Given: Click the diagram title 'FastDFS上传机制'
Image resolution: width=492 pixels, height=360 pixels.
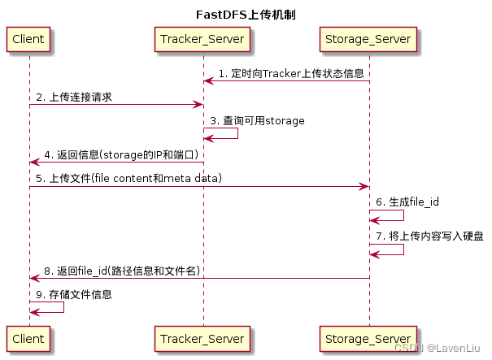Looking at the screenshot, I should [245, 13].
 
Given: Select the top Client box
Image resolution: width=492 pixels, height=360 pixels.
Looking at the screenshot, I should [28, 38].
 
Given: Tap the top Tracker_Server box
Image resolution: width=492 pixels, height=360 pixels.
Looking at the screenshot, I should [203, 38].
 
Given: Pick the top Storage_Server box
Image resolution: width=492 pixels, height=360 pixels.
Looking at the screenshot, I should [369, 38].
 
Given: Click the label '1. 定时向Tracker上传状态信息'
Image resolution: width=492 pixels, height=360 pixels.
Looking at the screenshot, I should [290, 73].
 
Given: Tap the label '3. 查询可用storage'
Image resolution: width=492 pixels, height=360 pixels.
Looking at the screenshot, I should [259, 120].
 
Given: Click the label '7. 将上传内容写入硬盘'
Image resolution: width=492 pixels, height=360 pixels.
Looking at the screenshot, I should [431, 236].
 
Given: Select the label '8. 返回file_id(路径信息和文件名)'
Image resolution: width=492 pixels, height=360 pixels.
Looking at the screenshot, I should [121, 271].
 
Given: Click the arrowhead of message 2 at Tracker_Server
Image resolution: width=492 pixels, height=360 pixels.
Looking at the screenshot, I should [198, 105].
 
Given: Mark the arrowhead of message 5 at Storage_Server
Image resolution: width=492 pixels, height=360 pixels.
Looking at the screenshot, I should [364, 186].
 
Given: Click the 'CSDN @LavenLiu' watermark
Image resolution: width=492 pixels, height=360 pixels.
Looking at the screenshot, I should [442, 348].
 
